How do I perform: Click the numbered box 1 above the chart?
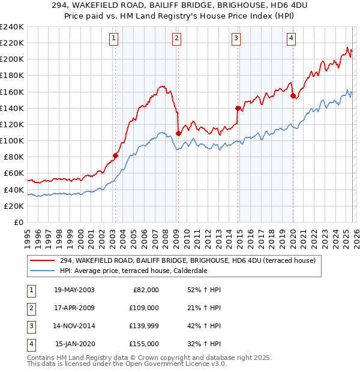(114, 38)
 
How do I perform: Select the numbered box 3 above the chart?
(236, 38)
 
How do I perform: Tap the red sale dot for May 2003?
(115, 155)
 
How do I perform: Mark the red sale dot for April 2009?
(178, 133)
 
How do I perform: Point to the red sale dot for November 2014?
(238, 108)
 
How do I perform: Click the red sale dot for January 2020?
(293, 96)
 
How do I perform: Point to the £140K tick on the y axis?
(11, 108)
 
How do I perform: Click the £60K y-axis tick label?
(13, 173)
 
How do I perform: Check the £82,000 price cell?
(145, 289)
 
